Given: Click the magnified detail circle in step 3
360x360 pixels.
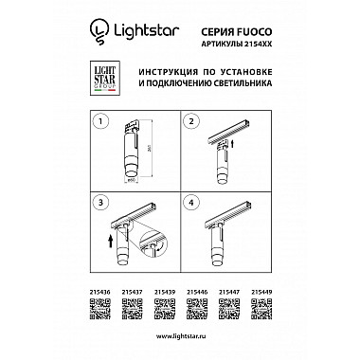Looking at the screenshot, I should click(150, 246).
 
